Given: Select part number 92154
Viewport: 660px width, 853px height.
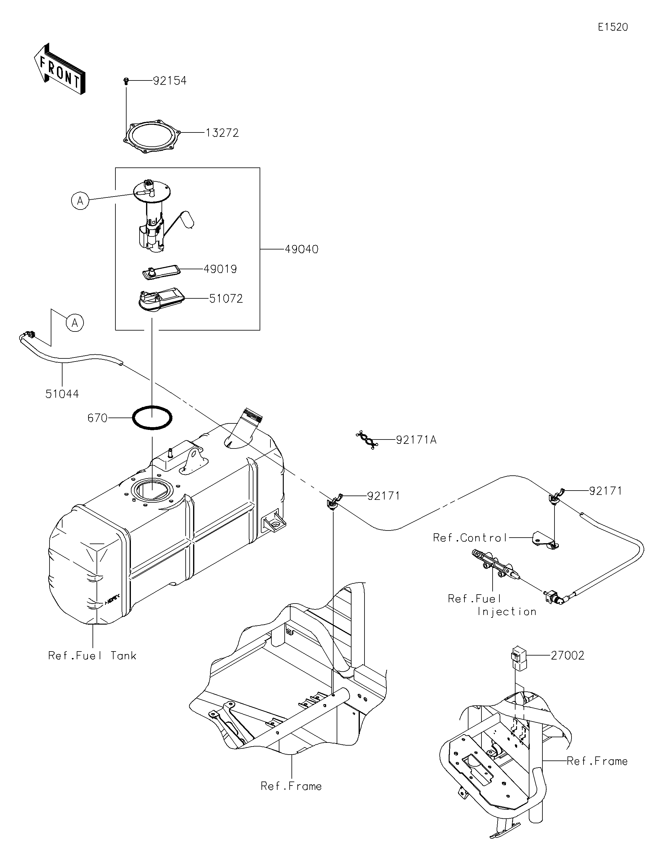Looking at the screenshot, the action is [x=170, y=81].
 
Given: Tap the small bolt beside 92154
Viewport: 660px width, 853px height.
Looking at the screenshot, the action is [x=126, y=81].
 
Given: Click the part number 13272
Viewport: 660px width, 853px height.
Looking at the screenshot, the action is [x=222, y=133].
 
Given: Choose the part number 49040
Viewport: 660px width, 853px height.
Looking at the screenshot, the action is [x=301, y=249].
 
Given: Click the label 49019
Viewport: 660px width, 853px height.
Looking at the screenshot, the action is [x=220, y=269].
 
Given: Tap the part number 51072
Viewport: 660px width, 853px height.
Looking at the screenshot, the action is [x=226, y=299].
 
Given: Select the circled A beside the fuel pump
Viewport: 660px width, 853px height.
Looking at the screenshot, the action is [x=80, y=201].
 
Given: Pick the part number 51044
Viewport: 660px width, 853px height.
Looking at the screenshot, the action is [x=62, y=394].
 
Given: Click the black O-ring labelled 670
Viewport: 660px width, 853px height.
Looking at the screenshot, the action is [x=152, y=418].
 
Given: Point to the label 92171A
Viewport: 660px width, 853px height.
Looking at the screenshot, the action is [x=416, y=440].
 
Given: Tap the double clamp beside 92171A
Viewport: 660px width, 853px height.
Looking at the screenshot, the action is [x=367, y=440].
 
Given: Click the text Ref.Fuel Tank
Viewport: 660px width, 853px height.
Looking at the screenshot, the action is [x=92, y=656].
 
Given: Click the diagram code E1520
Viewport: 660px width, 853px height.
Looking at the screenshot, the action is [x=613, y=27].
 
